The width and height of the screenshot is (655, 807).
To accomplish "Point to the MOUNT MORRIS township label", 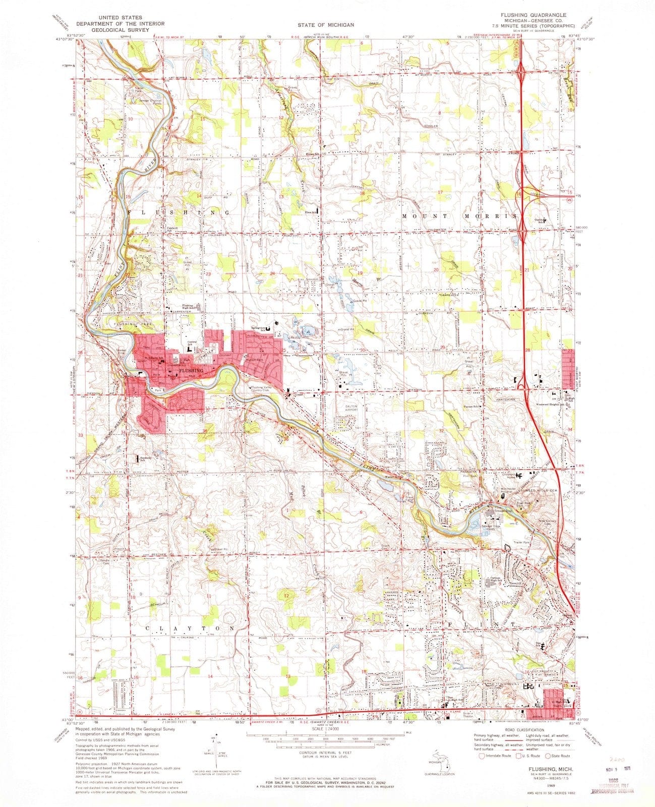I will (460, 216).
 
